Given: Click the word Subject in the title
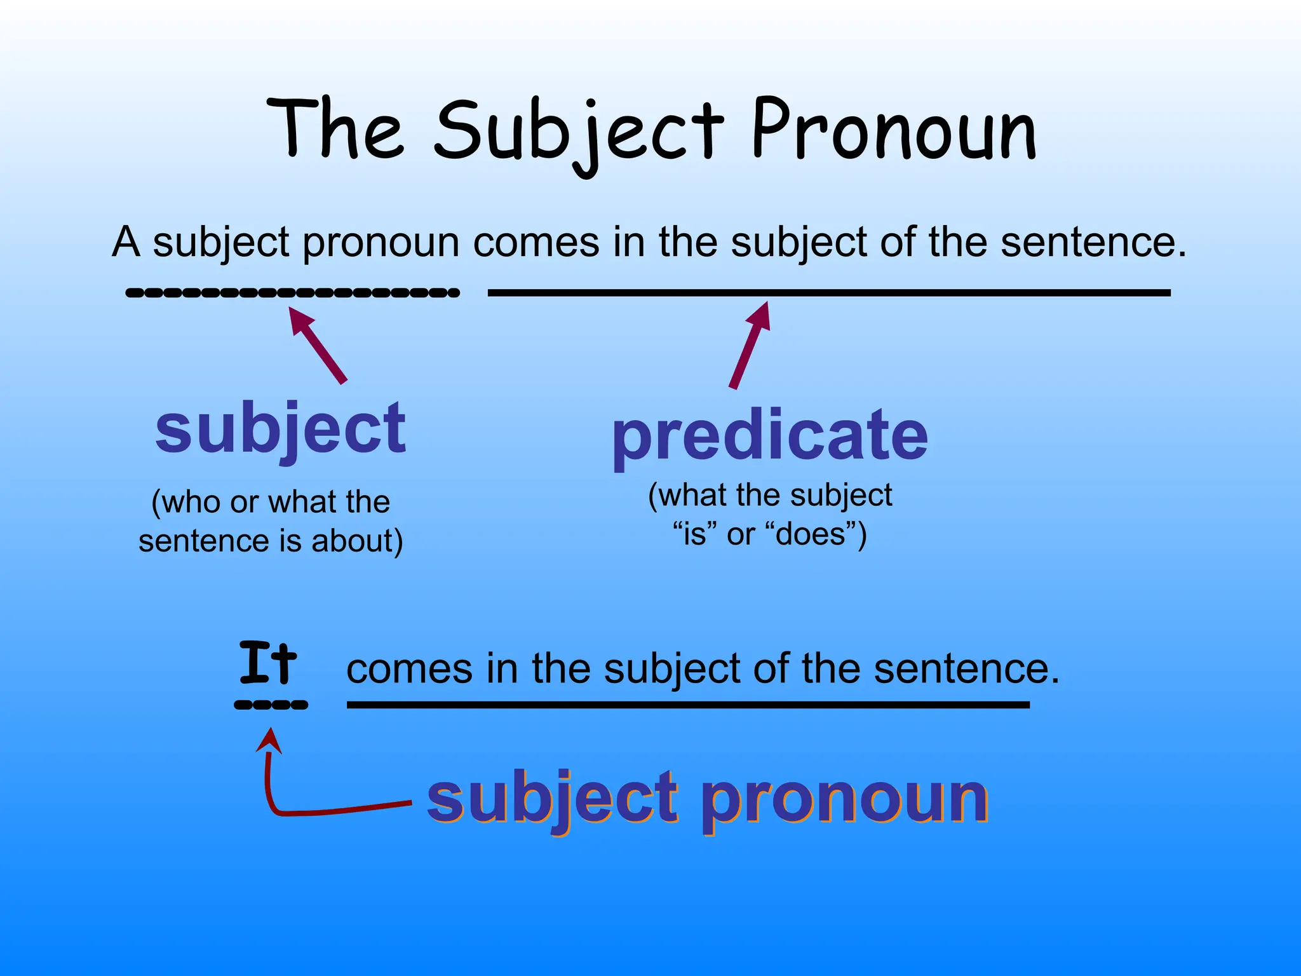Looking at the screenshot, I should coord(579,133).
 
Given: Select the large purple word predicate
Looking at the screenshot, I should coord(770,437).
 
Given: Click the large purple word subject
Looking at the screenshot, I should coord(280,430).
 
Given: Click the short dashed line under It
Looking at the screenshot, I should coord(271,705).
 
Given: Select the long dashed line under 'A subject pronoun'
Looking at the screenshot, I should coord(292,293).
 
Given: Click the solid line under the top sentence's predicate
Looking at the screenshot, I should coord(828,292).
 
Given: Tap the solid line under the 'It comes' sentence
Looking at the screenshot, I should coord(687,705).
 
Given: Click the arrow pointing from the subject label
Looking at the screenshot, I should coord(318,345).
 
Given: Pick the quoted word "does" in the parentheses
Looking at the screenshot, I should coord(811,534).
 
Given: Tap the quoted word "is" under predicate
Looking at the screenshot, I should coord(695,534).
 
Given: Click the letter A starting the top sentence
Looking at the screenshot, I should coord(126,242).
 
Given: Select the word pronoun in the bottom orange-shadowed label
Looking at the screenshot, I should coord(844,799).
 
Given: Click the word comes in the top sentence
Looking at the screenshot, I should coord(536,242).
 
